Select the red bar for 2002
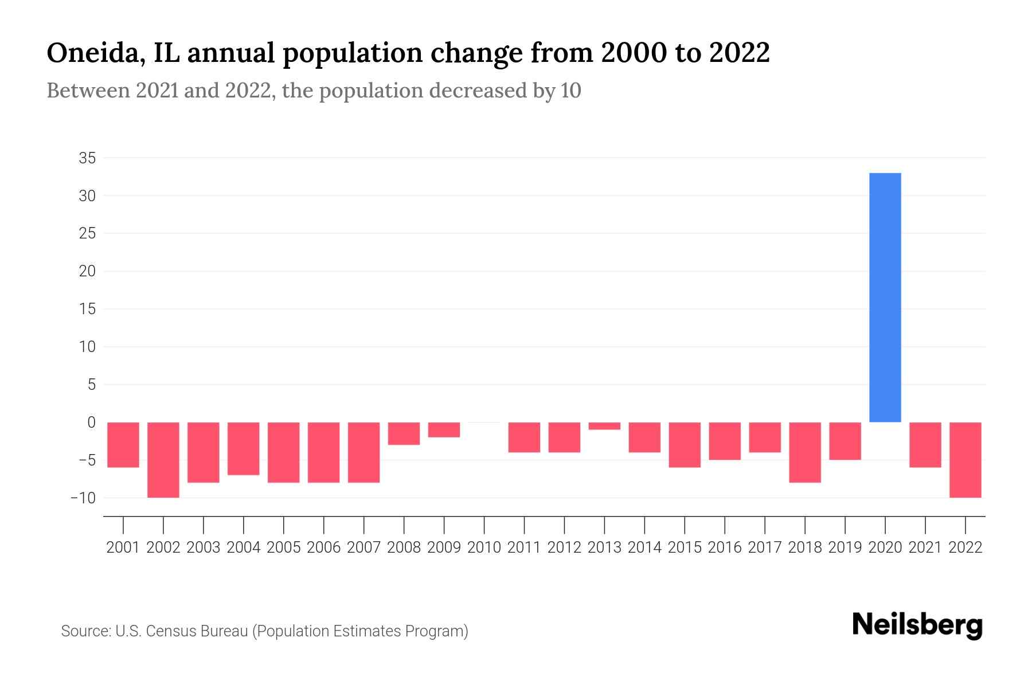coord(163,459)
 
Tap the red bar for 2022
coord(965,459)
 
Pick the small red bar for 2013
coord(604,426)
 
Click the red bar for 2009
coord(444,429)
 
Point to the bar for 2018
coord(805,452)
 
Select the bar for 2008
coord(404,433)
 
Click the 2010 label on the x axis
coord(484,548)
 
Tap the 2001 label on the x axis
coord(123,548)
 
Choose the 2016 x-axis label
coord(725,548)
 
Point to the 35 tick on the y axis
coord(87,158)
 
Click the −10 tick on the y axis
coord(83,498)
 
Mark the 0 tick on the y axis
coord(91,423)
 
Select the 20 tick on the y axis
coord(87,271)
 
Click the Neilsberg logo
coord(917,625)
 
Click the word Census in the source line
coord(172,631)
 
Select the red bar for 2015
coord(685,444)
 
